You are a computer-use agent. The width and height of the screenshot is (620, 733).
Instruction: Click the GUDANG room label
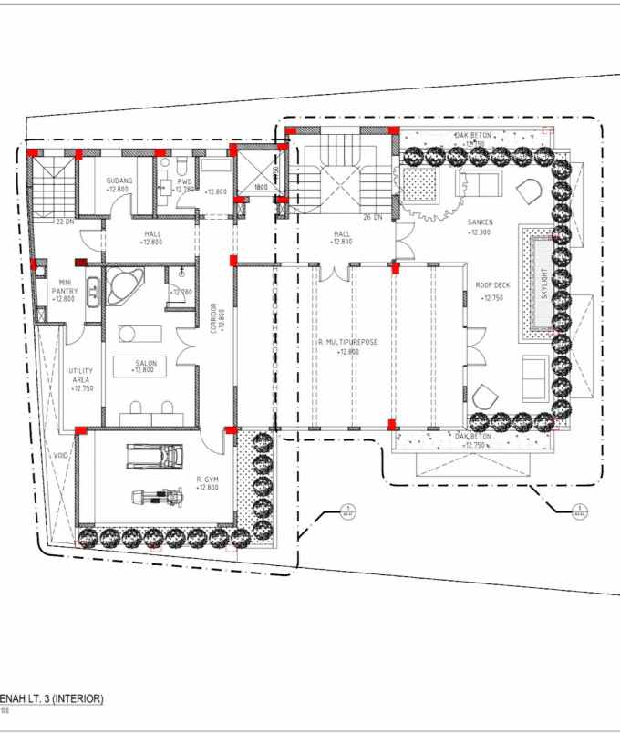click(119, 181)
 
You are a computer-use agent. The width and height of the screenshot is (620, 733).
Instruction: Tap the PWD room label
click(168, 181)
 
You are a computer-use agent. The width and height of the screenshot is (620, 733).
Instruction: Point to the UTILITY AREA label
click(81, 377)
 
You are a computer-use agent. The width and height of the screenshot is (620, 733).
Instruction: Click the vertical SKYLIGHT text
click(545, 284)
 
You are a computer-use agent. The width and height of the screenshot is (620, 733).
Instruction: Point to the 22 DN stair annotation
click(65, 222)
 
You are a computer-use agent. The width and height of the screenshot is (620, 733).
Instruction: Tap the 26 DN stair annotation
click(371, 217)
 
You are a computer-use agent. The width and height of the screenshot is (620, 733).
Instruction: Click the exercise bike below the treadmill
click(160, 498)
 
